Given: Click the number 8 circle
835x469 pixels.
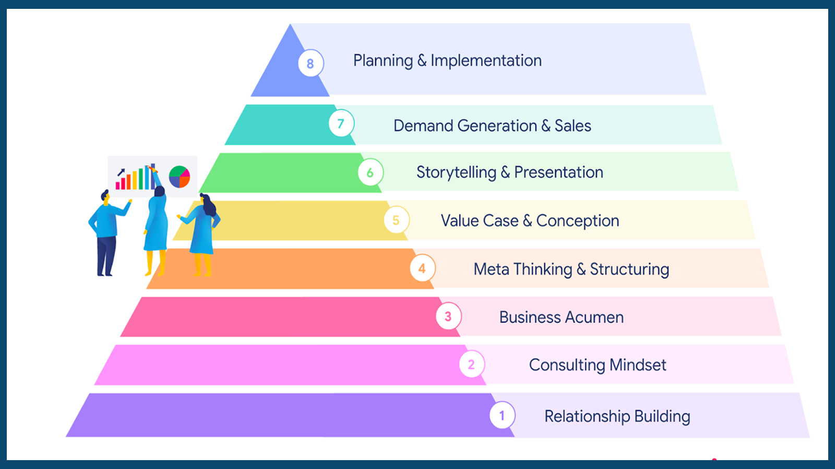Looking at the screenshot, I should (311, 64).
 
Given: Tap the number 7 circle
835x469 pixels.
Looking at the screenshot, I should (341, 124).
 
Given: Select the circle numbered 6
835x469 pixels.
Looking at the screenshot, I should (371, 172).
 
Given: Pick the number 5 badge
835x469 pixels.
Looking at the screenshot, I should (397, 220).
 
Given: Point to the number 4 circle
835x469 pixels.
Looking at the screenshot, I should (422, 268).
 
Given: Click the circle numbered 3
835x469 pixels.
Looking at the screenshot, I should (448, 316).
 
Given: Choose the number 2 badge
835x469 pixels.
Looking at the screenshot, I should (472, 364).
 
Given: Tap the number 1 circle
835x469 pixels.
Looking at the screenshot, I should (502, 415).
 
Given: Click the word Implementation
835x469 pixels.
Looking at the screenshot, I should (486, 61).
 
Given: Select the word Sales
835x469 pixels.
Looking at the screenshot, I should (572, 126).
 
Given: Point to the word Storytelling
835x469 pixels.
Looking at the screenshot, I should (456, 172).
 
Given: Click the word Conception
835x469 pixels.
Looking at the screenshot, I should (577, 221).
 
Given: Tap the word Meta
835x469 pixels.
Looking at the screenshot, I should (491, 269).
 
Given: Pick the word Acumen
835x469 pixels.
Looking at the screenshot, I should (594, 317).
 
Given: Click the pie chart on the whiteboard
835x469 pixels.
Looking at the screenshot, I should (180, 177).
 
